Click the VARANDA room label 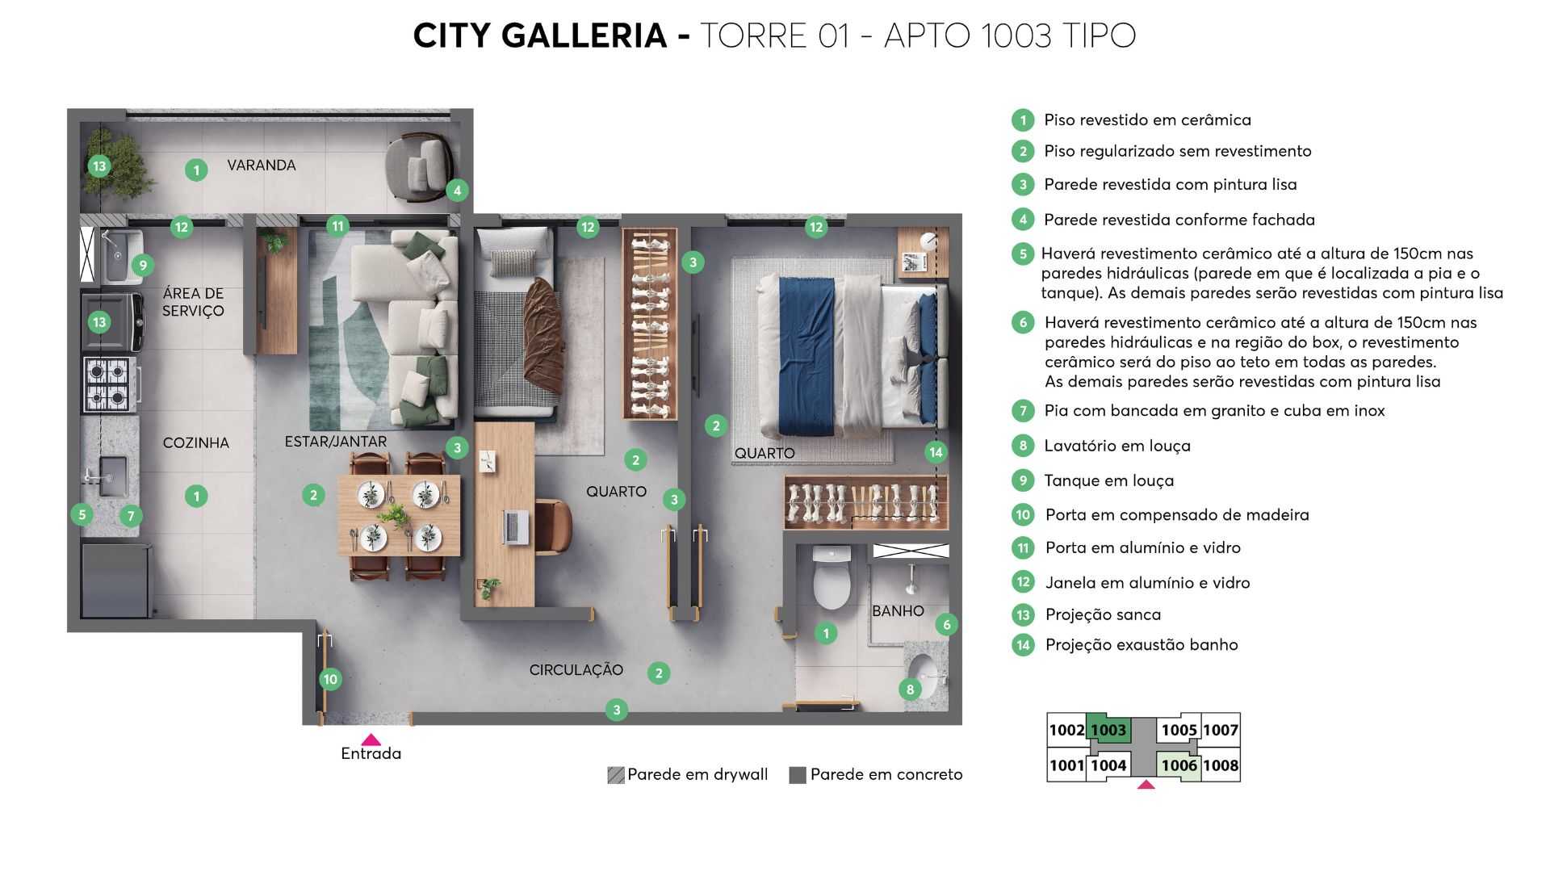[261, 165]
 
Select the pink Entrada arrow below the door [371, 740]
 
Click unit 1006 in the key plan [1179, 765]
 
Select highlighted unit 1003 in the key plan [1108, 730]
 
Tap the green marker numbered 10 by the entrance [330, 679]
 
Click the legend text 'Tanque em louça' [1108, 480]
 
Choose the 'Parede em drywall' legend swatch [616, 775]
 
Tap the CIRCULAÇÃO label [576, 669]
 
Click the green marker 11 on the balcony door [337, 226]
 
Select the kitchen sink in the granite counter [111, 476]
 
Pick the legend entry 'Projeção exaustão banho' [1141, 644]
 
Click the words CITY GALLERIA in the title [539, 36]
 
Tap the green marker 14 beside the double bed [936, 452]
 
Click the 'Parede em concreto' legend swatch [798, 775]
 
